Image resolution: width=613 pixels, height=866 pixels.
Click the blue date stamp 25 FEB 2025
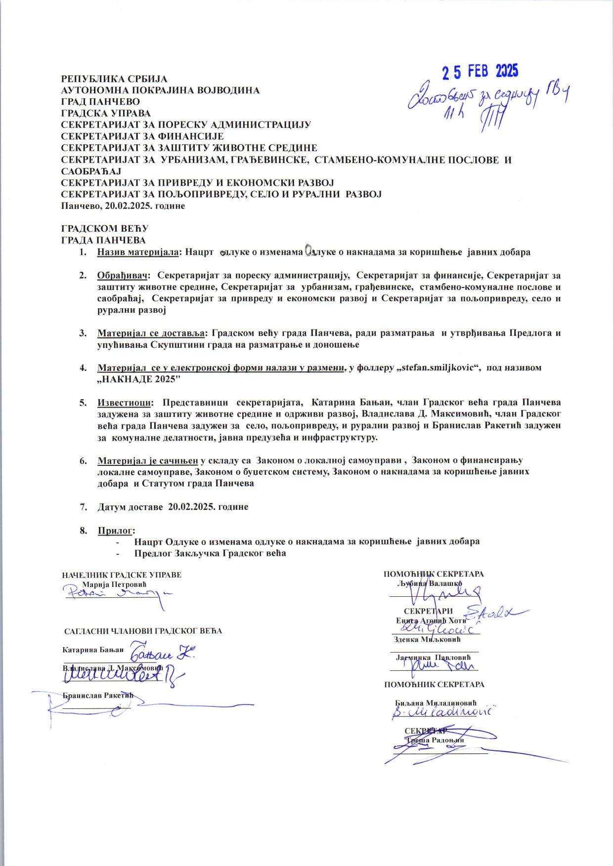pyautogui.click(x=480, y=72)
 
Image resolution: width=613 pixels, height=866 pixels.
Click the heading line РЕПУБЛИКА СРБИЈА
pyautogui.click(x=114, y=79)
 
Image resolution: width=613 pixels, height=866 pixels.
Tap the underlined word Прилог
pyautogui.click(x=116, y=531)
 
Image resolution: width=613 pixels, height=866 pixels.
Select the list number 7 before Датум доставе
pyautogui.click(x=82, y=507)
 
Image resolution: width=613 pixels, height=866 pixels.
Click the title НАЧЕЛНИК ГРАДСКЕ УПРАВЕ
pyautogui.click(x=122, y=575)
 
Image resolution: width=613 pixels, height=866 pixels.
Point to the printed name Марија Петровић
pyautogui.click(x=115, y=584)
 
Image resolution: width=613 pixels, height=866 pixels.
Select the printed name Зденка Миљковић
pyautogui.click(x=427, y=639)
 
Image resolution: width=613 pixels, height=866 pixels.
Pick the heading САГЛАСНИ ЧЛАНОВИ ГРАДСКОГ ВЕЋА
pyautogui.click(x=143, y=631)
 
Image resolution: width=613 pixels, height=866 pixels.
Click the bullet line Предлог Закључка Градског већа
pyautogui.click(x=210, y=553)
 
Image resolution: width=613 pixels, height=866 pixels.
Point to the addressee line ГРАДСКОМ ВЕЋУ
pyautogui.click(x=104, y=229)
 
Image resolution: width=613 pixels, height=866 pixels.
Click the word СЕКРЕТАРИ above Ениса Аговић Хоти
pyautogui.click(x=428, y=611)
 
